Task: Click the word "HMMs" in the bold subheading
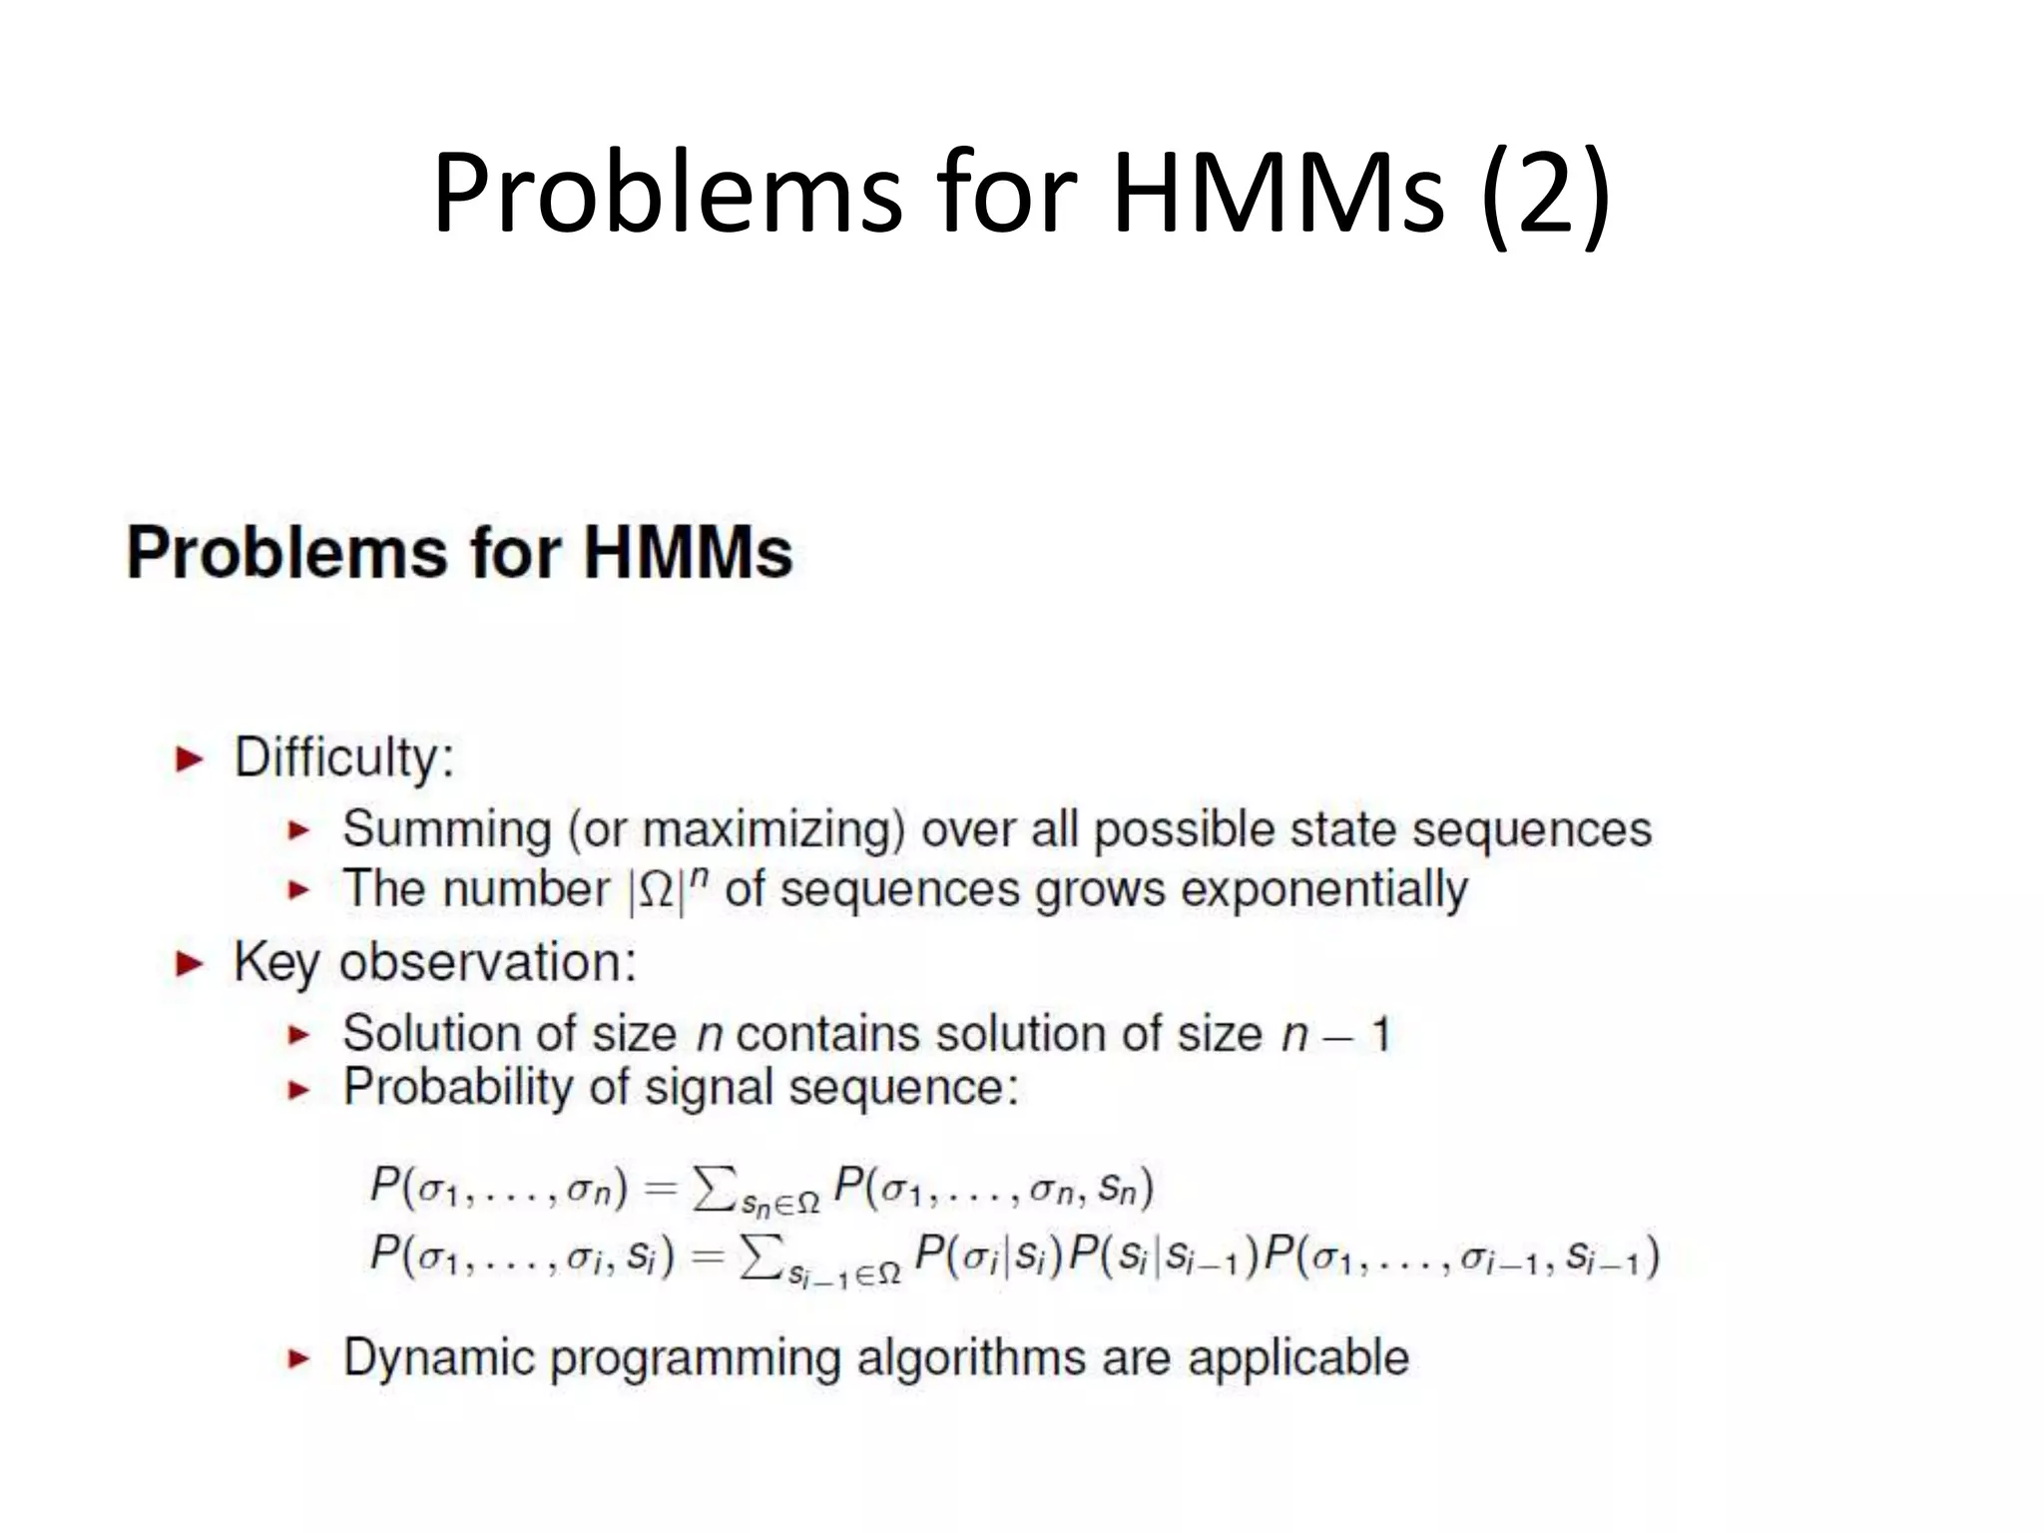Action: (x=689, y=552)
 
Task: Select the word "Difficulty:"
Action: (x=344, y=758)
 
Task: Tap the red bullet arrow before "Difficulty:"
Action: (x=189, y=761)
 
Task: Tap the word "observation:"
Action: (x=488, y=963)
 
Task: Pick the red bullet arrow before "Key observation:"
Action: (x=189, y=965)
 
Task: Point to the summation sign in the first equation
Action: (x=713, y=1188)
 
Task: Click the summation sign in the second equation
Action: (x=760, y=1256)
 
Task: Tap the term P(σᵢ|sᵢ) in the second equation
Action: (x=989, y=1256)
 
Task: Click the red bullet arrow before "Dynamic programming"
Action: (x=298, y=1358)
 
